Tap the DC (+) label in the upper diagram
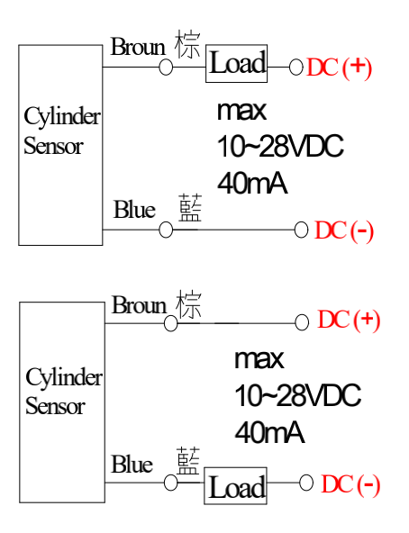pos(339,68)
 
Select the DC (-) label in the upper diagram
pos(344,231)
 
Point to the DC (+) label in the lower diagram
pos(349,321)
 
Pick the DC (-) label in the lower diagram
pos(350,484)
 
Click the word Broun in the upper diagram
pos(138,47)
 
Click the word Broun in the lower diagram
pos(139,305)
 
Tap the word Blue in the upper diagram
pos(134,209)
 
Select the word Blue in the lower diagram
pos(132,464)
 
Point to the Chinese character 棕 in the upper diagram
pos(187,44)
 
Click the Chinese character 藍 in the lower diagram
pos(188,461)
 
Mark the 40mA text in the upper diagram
pos(252,184)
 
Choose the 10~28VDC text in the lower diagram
pos(297,395)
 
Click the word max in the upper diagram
pos(241,111)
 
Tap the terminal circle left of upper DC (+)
pos(296,67)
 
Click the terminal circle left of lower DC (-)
pos(306,483)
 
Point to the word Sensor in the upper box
pos(53,146)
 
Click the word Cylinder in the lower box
pos(64,378)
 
